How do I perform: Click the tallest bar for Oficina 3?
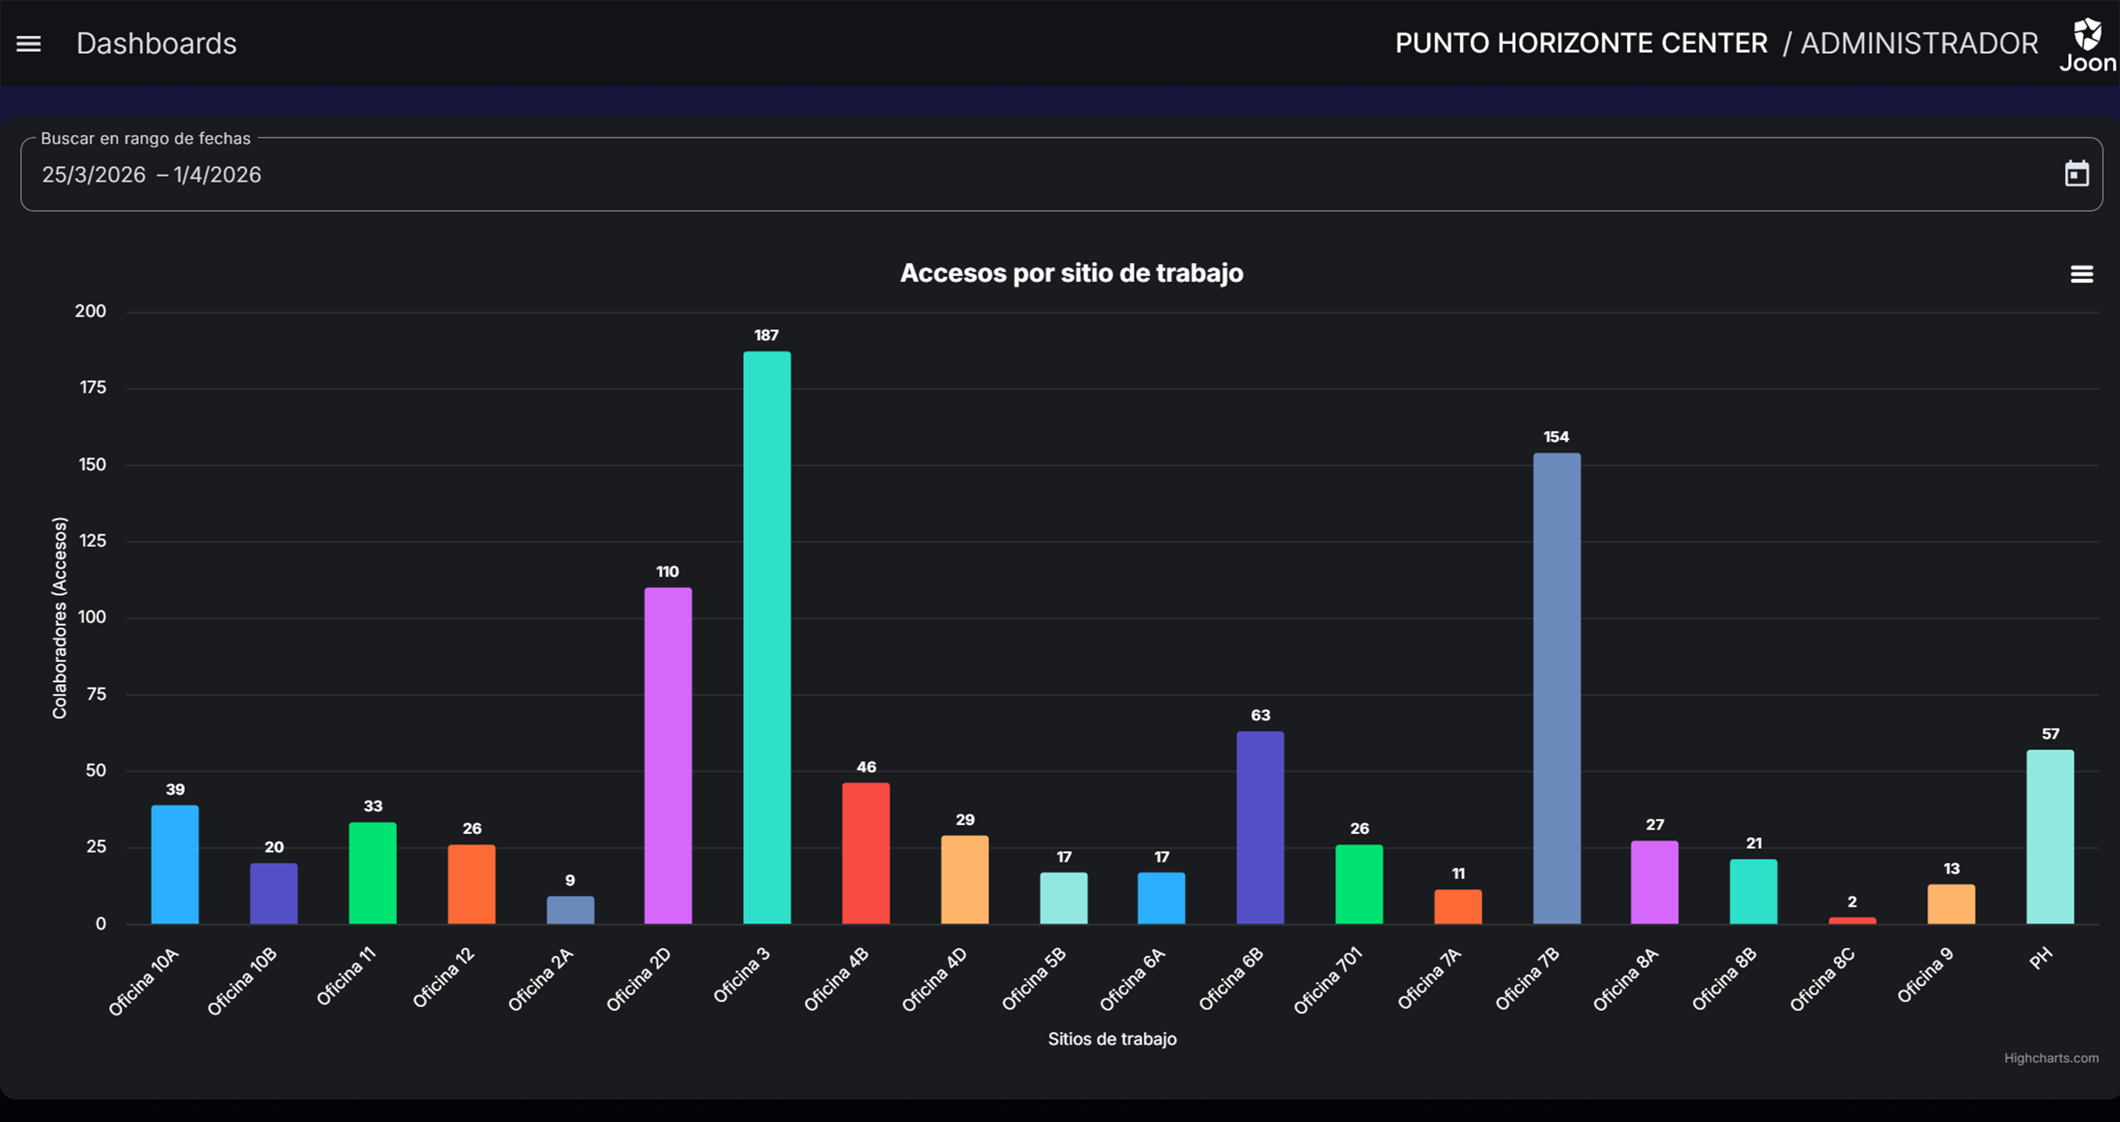tap(766, 637)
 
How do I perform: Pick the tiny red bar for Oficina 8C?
tap(1852, 920)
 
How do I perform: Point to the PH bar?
tap(2049, 836)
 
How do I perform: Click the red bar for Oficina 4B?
tap(866, 853)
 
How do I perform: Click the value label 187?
tap(766, 335)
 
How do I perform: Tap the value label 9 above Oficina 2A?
tap(570, 880)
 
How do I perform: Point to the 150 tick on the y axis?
tap(92, 464)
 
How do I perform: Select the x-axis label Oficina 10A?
tap(143, 982)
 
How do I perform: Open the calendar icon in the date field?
tap(2076, 174)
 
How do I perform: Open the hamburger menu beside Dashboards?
tap(29, 44)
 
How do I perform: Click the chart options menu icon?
tap(2082, 274)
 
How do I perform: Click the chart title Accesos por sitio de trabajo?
tap(1071, 273)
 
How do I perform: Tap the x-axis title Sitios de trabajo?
tap(1112, 1039)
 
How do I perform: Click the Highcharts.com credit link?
tap(2050, 1058)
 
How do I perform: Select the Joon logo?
tap(2087, 45)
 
